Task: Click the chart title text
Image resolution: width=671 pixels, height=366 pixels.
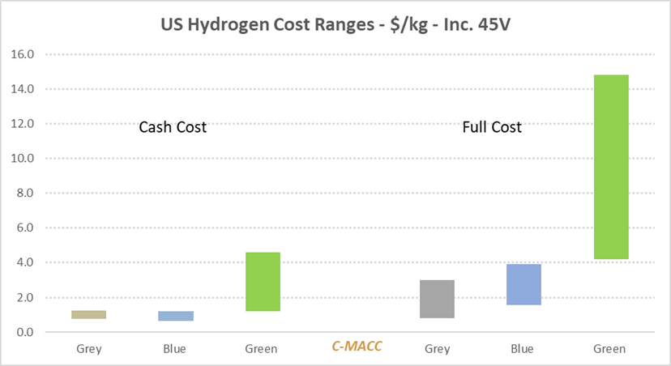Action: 335,23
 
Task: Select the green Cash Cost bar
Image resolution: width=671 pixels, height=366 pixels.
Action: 263,281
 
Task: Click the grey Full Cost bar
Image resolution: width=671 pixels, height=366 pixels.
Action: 438,299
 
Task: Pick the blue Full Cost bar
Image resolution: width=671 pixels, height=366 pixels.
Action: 524,284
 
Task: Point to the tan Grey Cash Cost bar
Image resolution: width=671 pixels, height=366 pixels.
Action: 88,314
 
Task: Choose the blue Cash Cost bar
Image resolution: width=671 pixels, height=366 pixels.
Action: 176,316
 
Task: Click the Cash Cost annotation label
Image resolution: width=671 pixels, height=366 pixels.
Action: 173,127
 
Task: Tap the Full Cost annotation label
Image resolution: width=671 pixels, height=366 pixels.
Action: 492,127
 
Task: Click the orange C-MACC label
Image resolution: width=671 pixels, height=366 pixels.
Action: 357,347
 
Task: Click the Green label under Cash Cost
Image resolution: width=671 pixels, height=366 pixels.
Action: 261,349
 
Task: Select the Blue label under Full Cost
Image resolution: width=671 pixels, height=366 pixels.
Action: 523,349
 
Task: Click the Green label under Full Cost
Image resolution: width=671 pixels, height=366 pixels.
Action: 609,349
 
